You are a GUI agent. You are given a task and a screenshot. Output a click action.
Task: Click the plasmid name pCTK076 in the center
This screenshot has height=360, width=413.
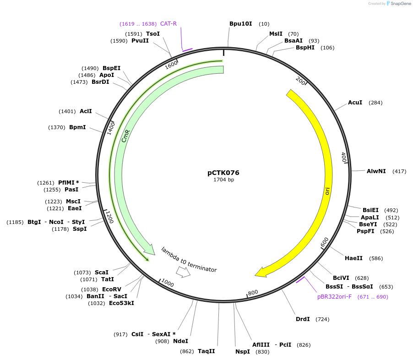click(x=223, y=173)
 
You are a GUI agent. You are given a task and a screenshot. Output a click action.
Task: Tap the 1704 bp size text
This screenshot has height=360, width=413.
click(x=223, y=180)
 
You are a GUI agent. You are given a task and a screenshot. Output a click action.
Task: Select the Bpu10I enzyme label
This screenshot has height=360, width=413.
click(x=241, y=23)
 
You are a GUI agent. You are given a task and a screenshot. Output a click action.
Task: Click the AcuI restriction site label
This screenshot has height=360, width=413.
click(x=355, y=103)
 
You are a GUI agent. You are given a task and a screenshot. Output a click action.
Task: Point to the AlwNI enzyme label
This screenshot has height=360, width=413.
click(x=376, y=171)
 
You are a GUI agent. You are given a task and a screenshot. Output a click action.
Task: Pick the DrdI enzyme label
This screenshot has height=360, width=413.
click(x=303, y=319)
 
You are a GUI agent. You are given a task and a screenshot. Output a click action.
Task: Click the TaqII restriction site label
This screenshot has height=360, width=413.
click(x=206, y=351)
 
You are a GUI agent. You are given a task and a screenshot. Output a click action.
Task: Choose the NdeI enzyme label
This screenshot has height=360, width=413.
click(x=180, y=341)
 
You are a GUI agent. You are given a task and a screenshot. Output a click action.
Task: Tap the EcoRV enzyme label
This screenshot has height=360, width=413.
click(x=112, y=289)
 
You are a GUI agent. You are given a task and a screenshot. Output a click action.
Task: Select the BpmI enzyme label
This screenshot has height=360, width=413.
click(x=77, y=127)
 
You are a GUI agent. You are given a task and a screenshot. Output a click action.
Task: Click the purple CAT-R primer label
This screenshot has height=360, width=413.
click(x=168, y=24)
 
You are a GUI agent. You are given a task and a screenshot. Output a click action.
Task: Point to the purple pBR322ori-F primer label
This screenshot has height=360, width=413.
click(x=334, y=297)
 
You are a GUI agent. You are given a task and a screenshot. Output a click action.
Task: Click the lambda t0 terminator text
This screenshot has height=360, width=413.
click(x=189, y=259)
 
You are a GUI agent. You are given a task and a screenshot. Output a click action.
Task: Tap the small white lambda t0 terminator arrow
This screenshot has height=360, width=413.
click(x=184, y=272)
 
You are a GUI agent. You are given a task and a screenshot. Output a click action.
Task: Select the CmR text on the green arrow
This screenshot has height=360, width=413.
click(x=126, y=136)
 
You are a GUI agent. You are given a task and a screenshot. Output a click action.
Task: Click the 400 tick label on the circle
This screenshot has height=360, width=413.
click(x=344, y=158)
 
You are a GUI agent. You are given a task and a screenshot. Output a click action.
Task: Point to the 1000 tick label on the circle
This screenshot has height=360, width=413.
click(x=168, y=284)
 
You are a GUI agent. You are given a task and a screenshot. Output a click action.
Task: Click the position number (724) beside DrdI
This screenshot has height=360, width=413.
click(x=322, y=319)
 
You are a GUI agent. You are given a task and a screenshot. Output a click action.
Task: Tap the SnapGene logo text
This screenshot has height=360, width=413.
click(x=400, y=4)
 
